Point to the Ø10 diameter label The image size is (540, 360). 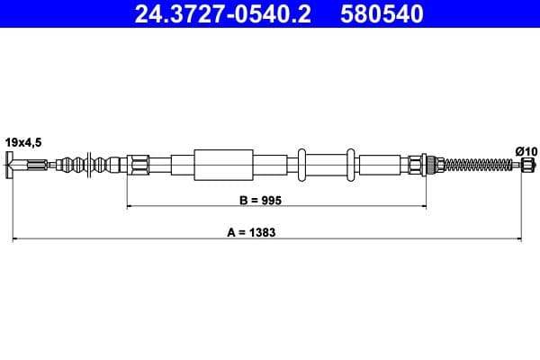click(525, 149)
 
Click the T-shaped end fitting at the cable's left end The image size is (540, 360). click(11, 165)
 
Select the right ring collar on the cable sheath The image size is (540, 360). click(351, 165)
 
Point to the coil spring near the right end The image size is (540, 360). click(477, 165)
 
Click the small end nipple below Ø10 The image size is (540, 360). click(527, 165)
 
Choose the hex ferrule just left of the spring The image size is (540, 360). click(416, 165)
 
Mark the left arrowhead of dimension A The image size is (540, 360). click(15, 239)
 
